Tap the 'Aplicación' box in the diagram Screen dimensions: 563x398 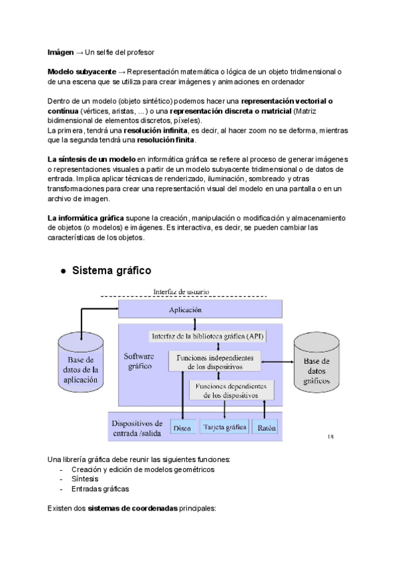click(200, 309)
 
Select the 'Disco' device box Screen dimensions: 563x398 click(182, 428)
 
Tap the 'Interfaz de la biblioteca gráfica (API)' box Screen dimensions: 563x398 click(207, 336)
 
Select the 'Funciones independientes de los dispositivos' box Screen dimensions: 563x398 click(214, 361)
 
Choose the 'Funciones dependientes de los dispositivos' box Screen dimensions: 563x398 click(228, 390)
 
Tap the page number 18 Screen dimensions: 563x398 click(330, 437)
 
